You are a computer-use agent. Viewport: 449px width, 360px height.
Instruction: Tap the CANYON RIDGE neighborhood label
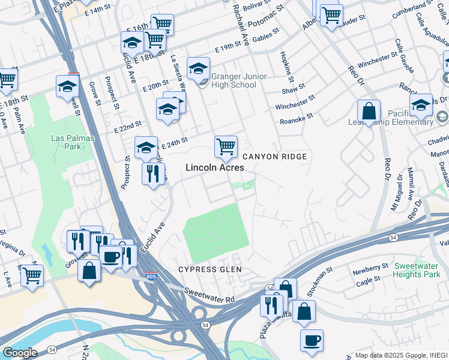click(x=275, y=157)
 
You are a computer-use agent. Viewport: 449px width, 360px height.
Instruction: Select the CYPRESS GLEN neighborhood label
click(x=209, y=269)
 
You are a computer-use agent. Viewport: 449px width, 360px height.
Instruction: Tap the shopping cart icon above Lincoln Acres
click(x=226, y=146)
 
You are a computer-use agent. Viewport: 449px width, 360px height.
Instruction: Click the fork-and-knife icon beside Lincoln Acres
click(x=153, y=173)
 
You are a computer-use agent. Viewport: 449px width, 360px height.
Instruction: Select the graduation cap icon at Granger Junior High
click(x=197, y=68)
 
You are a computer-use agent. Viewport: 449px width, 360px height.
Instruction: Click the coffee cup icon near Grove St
click(x=110, y=256)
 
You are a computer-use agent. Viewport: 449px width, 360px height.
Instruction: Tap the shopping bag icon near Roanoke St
click(x=369, y=111)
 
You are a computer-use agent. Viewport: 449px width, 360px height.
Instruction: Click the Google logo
click(x=20, y=353)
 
